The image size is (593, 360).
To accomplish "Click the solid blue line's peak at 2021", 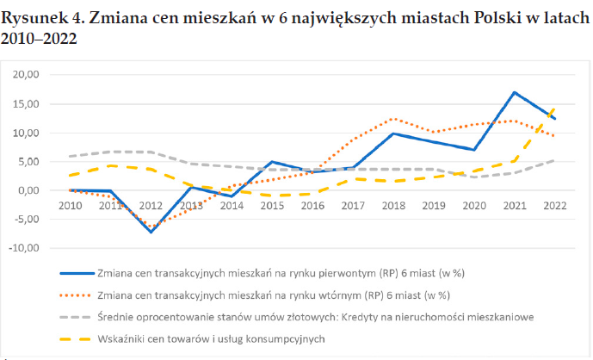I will coord(514,92).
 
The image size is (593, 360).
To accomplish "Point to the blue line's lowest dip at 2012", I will coord(151,232).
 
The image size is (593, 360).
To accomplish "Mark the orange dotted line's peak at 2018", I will coord(393,119).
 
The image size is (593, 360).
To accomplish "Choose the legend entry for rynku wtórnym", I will coord(276,295).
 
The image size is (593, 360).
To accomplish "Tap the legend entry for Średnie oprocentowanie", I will coord(315,317).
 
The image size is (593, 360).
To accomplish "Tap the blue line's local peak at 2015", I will coord(272,162).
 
